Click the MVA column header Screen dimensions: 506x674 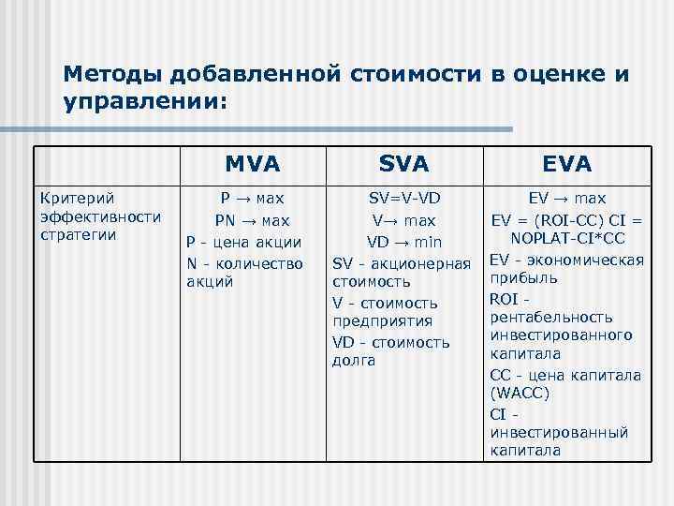pos(253,164)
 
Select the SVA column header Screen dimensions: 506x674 pos(404,164)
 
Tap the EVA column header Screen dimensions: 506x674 pos(566,164)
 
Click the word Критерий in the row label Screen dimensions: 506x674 pos(73,199)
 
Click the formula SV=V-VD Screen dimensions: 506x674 pos(404,199)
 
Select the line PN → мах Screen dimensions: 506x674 pos(253,221)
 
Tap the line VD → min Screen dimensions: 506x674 pos(404,243)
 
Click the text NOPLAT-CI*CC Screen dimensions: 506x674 pos(566,239)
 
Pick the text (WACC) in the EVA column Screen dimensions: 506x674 pos(520,394)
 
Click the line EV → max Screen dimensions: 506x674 pos(566,199)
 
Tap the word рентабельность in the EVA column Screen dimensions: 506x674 pos(550,317)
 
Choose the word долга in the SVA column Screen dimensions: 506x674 pos(354,361)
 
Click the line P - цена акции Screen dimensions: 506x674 pos(243,243)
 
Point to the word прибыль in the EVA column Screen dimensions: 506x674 pos(523,278)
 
